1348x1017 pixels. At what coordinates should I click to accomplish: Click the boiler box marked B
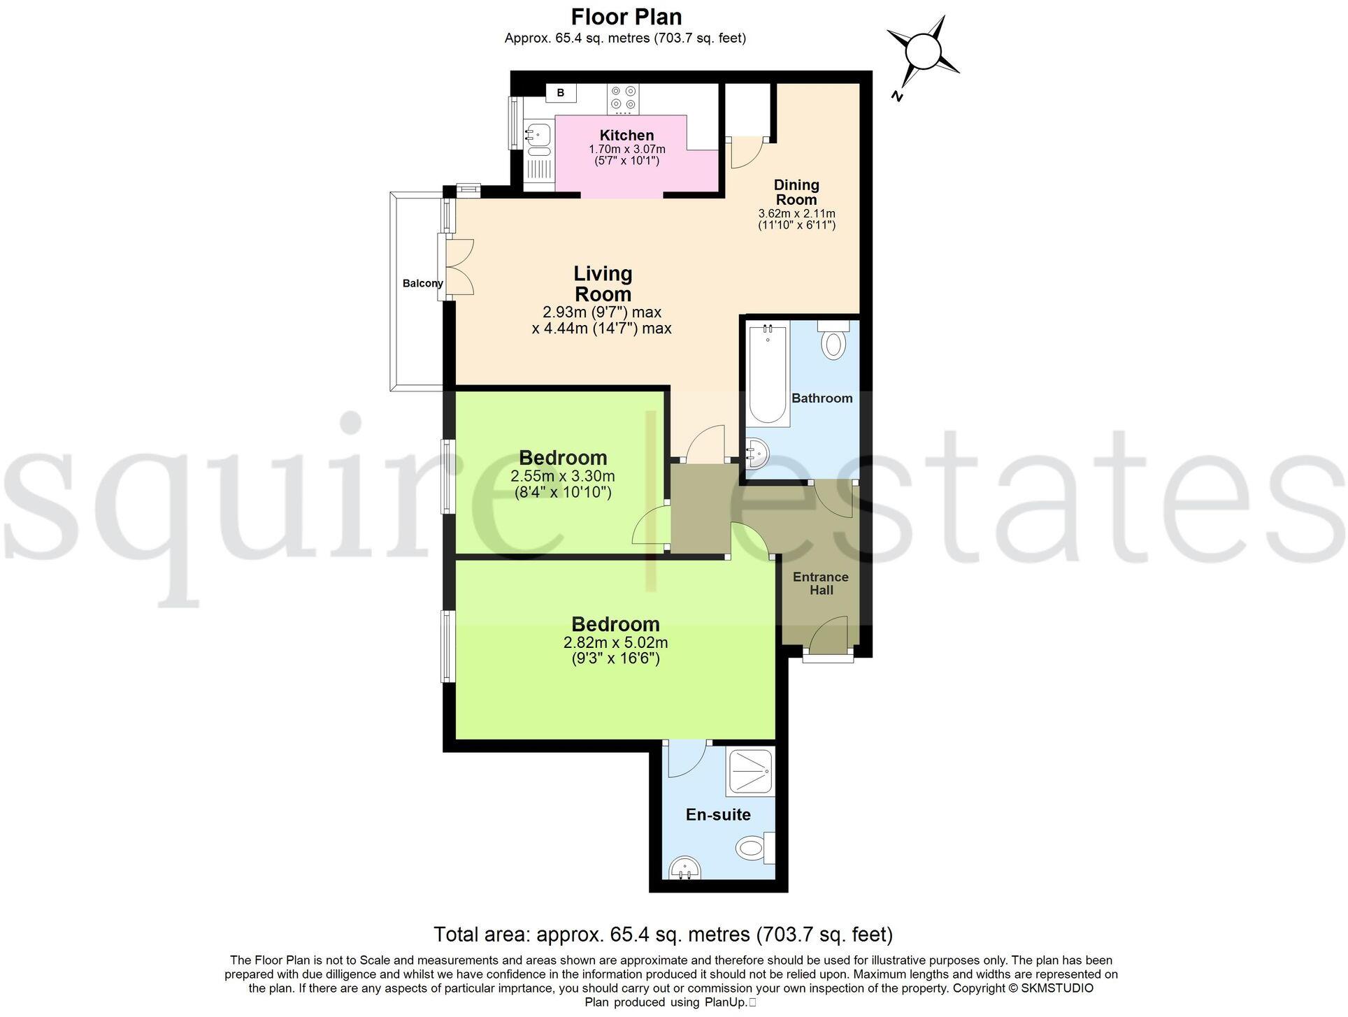[560, 93]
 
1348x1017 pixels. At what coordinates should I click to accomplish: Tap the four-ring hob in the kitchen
[624, 98]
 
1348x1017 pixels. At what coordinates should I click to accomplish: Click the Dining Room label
[796, 192]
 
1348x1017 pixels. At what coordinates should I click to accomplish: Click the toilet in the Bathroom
[833, 342]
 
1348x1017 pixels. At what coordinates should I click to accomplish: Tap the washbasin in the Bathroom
[757, 454]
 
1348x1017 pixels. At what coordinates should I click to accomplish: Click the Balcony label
[422, 283]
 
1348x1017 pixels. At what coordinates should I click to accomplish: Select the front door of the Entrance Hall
[829, 636]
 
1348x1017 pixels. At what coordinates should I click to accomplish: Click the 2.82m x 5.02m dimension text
[615, 642]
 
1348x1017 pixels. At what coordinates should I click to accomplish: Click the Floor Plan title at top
[626, 16]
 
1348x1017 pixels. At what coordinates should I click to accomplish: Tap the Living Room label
[603, 283]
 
